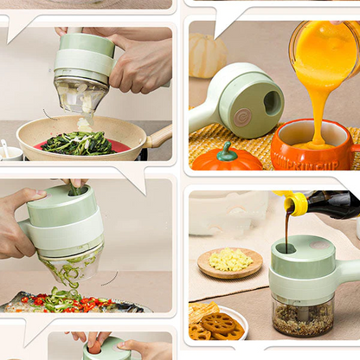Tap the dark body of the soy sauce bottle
[x=333, y=204]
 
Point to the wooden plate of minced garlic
[x=229, y=262]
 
